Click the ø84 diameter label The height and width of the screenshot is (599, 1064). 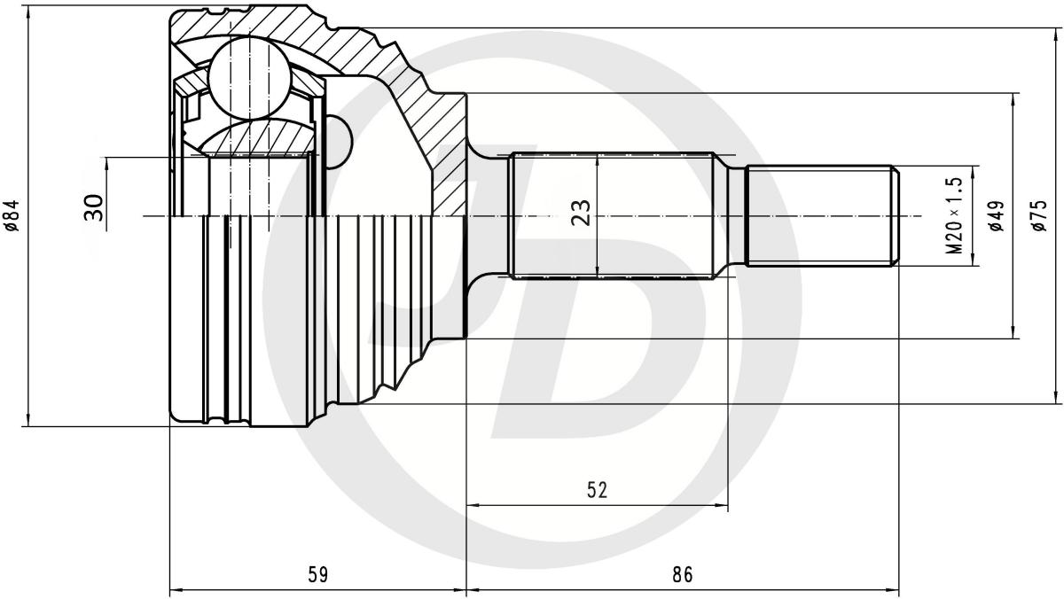(12, 216)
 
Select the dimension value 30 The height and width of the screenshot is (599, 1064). (94, 207)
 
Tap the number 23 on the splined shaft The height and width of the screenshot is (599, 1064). (582, 214)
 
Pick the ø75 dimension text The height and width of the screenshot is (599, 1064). (1039, 215)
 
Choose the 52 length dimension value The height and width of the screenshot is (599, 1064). (597, 490)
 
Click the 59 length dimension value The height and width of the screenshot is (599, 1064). (318, 575)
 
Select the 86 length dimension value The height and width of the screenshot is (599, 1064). (683, 575)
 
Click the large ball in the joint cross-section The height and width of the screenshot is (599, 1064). (250, 84)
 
